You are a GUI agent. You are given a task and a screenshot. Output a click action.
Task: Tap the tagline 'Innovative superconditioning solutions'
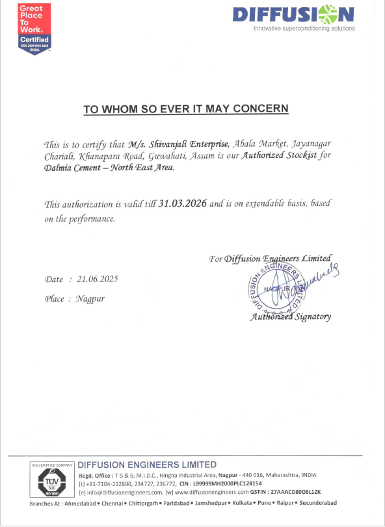tap(304, 29)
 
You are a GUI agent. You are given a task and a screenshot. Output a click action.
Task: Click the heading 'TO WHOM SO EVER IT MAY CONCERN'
tap(185, 109)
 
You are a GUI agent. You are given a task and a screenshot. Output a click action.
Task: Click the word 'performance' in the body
tap(95, 218)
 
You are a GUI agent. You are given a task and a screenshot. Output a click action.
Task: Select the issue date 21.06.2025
tap(98, 279)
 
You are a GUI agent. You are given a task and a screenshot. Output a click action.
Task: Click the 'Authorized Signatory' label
tap(291, 317)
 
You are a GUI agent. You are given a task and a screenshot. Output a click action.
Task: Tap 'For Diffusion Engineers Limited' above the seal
tap(271, 258)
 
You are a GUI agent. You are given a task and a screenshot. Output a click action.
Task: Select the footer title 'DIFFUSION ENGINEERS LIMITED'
tap(147, 465)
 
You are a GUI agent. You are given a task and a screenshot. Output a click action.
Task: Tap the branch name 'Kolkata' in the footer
tap(243, 504)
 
